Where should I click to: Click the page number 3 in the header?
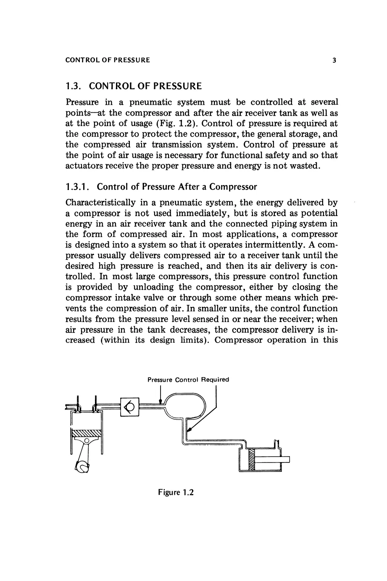point(334,60)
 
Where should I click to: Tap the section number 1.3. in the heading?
point(75,87)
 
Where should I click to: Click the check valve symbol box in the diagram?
point(129,407)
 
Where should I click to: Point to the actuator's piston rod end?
point(286,460)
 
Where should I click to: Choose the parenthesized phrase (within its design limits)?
point(154,340)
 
